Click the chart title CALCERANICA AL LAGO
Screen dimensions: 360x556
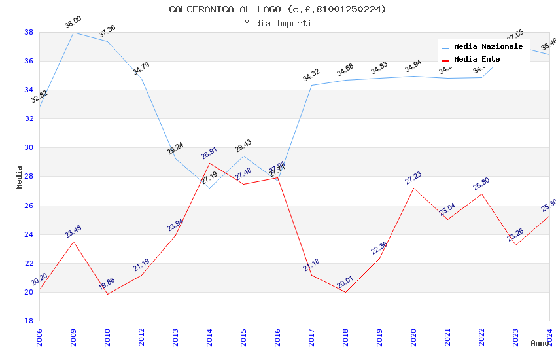[x=277, y=9]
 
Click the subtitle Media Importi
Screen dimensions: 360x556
[x=277, y=23]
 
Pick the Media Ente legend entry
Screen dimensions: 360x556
[x=477, y=59]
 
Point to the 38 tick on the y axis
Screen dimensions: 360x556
[x=29, y=32]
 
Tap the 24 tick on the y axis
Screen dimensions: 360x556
[x=29, y=234]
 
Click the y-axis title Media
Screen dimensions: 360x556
[x=20, y=177]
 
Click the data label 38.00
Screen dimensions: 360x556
[x=73, y=23]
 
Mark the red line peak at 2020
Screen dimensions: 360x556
[x=413, y=188]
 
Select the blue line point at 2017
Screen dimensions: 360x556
[x=311, y=85]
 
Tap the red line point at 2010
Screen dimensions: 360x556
[x=107, y=294]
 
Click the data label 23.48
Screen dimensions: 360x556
[x=73, y=232]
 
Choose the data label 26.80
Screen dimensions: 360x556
[x=481, y=184]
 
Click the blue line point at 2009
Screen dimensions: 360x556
[x=73, y=32]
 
